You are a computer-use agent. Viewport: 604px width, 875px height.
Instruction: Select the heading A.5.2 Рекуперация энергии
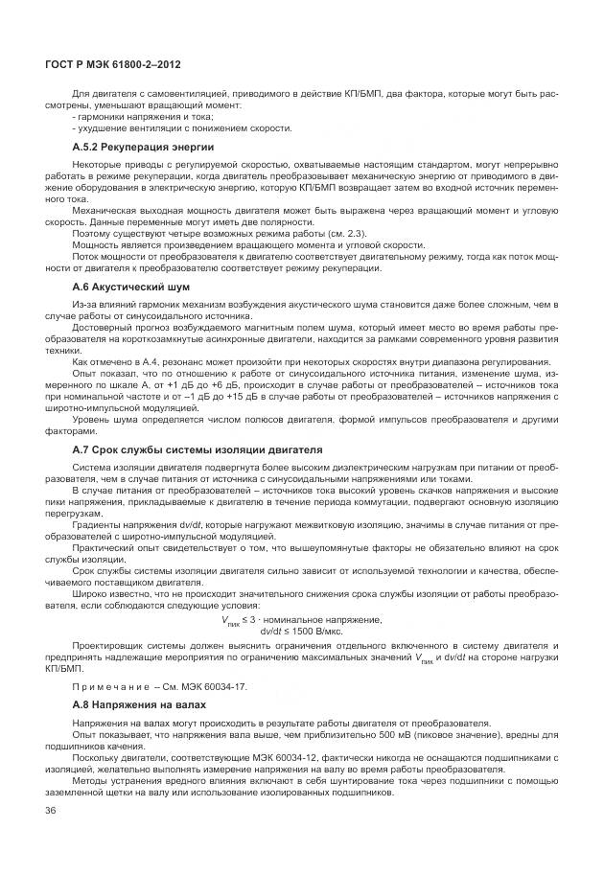(x=143, y=148)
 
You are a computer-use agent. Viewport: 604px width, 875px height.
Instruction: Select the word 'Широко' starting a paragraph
(x=92, y=594)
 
